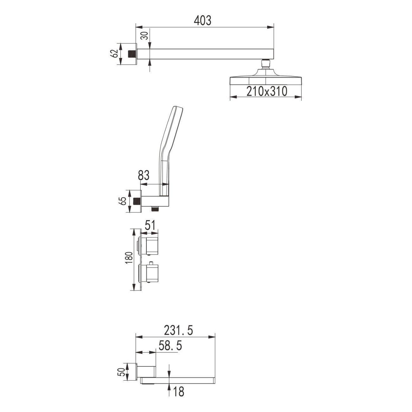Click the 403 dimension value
[202, 21]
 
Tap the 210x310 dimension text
[267, 91]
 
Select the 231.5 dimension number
[178, 330]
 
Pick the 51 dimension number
[151, 226]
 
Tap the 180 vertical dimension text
[129, 258]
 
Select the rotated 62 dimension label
[114, 54]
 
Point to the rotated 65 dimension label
[123, 201]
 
